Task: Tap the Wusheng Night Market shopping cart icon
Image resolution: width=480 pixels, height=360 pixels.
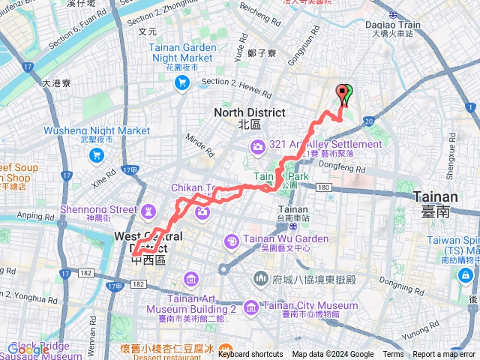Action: coord(96,155)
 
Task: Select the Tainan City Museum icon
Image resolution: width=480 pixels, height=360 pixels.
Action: coord(251,306)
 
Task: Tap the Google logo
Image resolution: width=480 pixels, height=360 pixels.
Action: coord(28,350)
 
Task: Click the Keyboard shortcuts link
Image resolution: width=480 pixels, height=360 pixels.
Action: coord(250,355)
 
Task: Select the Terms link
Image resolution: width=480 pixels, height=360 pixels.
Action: coord(393,355)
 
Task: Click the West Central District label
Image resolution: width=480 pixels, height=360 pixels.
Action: coord(147,241)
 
